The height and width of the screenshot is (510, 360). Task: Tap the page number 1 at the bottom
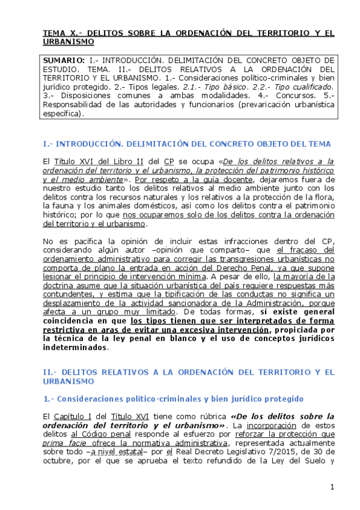coord(331,486)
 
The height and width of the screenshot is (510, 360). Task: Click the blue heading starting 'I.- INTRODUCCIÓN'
coord(187,144)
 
